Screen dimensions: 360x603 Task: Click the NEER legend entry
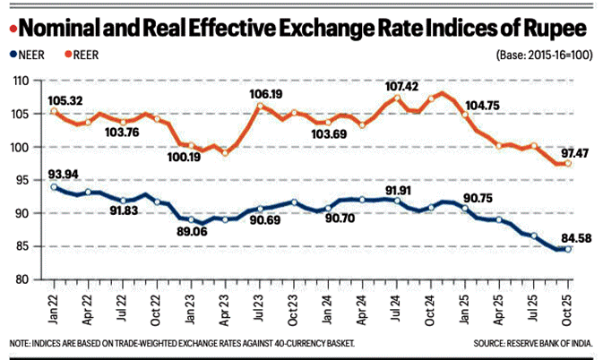point(28,56)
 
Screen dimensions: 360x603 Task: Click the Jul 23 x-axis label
point(259,304)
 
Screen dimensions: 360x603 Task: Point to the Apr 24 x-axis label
point(362,304)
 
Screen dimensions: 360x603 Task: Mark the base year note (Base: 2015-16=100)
point(542,56)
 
